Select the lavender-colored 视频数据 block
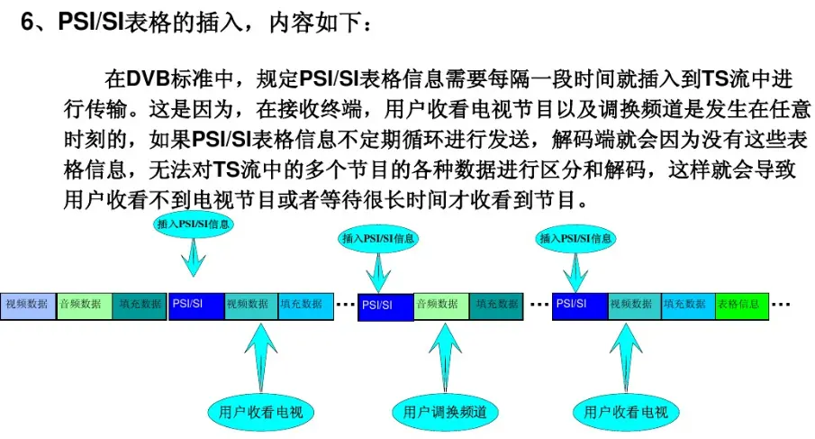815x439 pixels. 27,305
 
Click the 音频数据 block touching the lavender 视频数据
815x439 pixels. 83,305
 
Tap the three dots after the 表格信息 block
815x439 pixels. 781,305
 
